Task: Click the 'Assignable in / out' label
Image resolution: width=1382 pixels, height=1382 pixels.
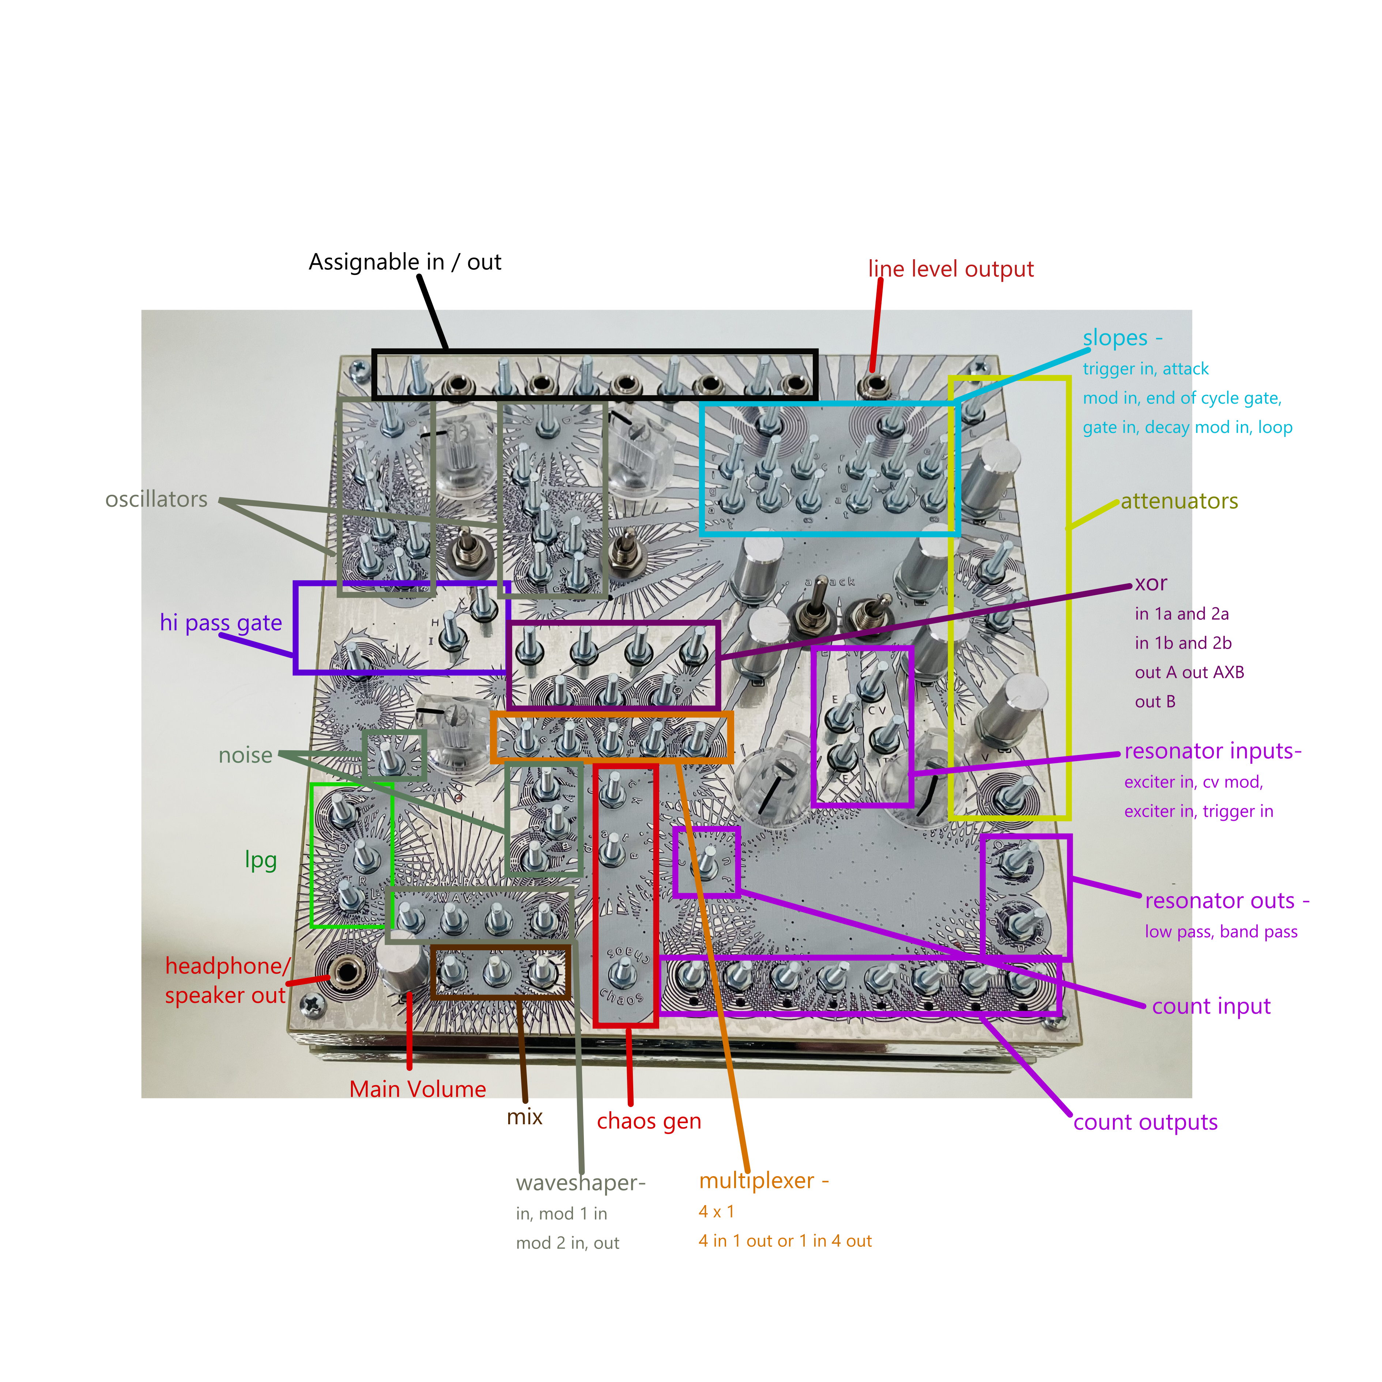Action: [x=405, y=262]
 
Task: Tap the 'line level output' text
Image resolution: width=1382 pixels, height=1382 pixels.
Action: [x=951, y=269]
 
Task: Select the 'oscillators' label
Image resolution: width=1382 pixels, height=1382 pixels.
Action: [x=156, y=499]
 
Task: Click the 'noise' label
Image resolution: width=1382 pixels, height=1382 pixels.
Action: [x=245, y=755]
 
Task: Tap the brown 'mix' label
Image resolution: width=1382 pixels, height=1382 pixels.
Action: [x=524, y=1117]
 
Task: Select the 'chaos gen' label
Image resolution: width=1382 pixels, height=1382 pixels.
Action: [x=649, y=1121]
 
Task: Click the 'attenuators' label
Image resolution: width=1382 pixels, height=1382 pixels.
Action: [x=1179, y=501]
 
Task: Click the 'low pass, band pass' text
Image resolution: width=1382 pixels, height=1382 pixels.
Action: [x=1220, y=931]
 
